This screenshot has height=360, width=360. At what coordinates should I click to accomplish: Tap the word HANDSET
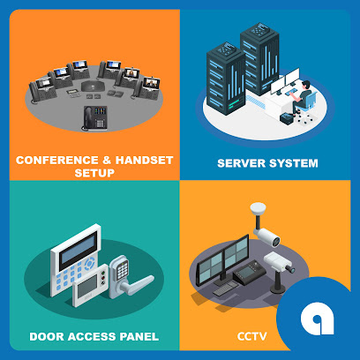144,161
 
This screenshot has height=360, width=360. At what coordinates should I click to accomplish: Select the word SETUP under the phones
94,173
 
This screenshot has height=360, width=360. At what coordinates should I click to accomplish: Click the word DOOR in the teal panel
47,337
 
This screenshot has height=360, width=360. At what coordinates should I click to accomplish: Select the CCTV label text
252,336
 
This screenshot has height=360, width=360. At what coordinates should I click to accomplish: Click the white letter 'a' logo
318,319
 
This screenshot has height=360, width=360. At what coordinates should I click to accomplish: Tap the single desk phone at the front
94,118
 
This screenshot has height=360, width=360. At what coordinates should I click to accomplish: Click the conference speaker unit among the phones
93,86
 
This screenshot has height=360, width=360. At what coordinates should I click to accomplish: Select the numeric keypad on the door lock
123,270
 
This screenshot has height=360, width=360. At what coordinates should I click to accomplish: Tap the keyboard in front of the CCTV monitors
226,289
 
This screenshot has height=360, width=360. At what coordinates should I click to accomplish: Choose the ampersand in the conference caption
107,161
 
